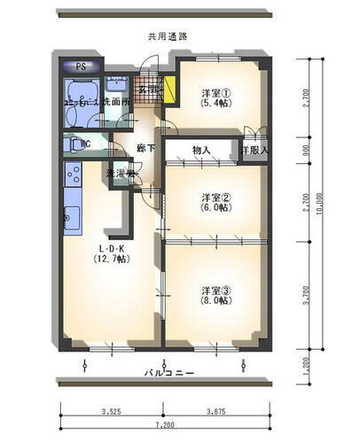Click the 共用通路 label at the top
pos(168,36)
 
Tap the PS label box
pos(81,67)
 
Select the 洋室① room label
pos(215,92)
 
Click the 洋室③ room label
pos(215,290)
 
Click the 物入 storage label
pos(201,151)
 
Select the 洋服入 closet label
pos(254,152)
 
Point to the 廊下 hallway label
pos(146,148)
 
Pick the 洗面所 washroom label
pos(116,102)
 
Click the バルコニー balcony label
pos(170,373)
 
